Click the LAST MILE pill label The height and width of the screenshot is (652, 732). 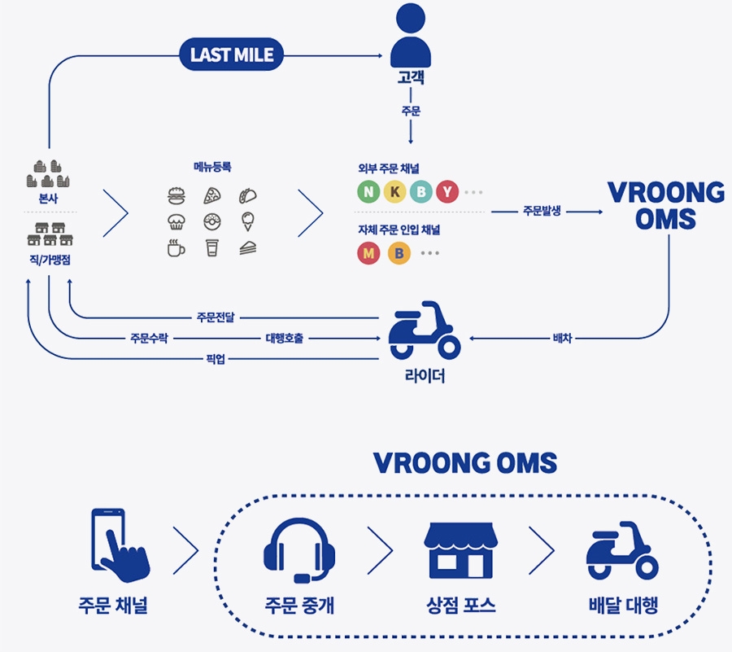(x=232, y=55)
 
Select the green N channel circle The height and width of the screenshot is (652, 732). (x=369, y=192)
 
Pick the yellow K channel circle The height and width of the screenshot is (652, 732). (x=395, y=192)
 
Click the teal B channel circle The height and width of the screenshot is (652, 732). (x=421, y=192)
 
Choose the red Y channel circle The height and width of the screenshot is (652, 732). (x=447, y=192)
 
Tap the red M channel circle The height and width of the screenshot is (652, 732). (x=369, y=253)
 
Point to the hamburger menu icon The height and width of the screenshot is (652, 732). (x=176, y=196)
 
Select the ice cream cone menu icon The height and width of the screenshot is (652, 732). (x=249, y=221)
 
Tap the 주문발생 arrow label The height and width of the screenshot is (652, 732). (x=542, y=212)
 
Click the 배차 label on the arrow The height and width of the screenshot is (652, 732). (x=562, y=338)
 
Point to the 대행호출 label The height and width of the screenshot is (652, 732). (x=284, y=338)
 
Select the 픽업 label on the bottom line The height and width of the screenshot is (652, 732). (x=216, y=359)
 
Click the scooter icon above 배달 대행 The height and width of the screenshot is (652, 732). (x=622, y=550)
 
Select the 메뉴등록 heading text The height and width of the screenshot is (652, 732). (x=213, y=167)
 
